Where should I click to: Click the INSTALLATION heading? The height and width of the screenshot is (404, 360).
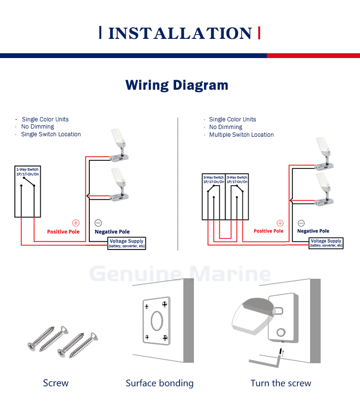tap(180, 33)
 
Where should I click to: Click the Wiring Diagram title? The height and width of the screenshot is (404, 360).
tap(177, 85)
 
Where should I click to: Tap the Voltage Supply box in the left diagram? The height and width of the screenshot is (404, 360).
tap(127, 243)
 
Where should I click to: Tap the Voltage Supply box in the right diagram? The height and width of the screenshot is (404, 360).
tap(326, 243)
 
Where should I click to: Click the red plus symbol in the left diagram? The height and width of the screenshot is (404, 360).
tap(75, 223)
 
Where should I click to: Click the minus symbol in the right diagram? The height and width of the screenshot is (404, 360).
tap(301, 223)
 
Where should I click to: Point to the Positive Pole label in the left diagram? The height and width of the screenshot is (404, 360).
tap(63, 232)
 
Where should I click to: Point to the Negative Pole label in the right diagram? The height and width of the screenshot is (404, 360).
tap(313, 231)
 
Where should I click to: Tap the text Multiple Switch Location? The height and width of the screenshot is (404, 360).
tap(241, 135)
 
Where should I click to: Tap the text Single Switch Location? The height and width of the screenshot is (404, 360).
tap(51, 134)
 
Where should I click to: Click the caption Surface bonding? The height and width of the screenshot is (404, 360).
tap(159, 383)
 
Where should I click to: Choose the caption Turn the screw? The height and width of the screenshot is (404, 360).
tap(281, 383)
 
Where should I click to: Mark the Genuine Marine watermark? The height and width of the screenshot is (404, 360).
tap(180, 274)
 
